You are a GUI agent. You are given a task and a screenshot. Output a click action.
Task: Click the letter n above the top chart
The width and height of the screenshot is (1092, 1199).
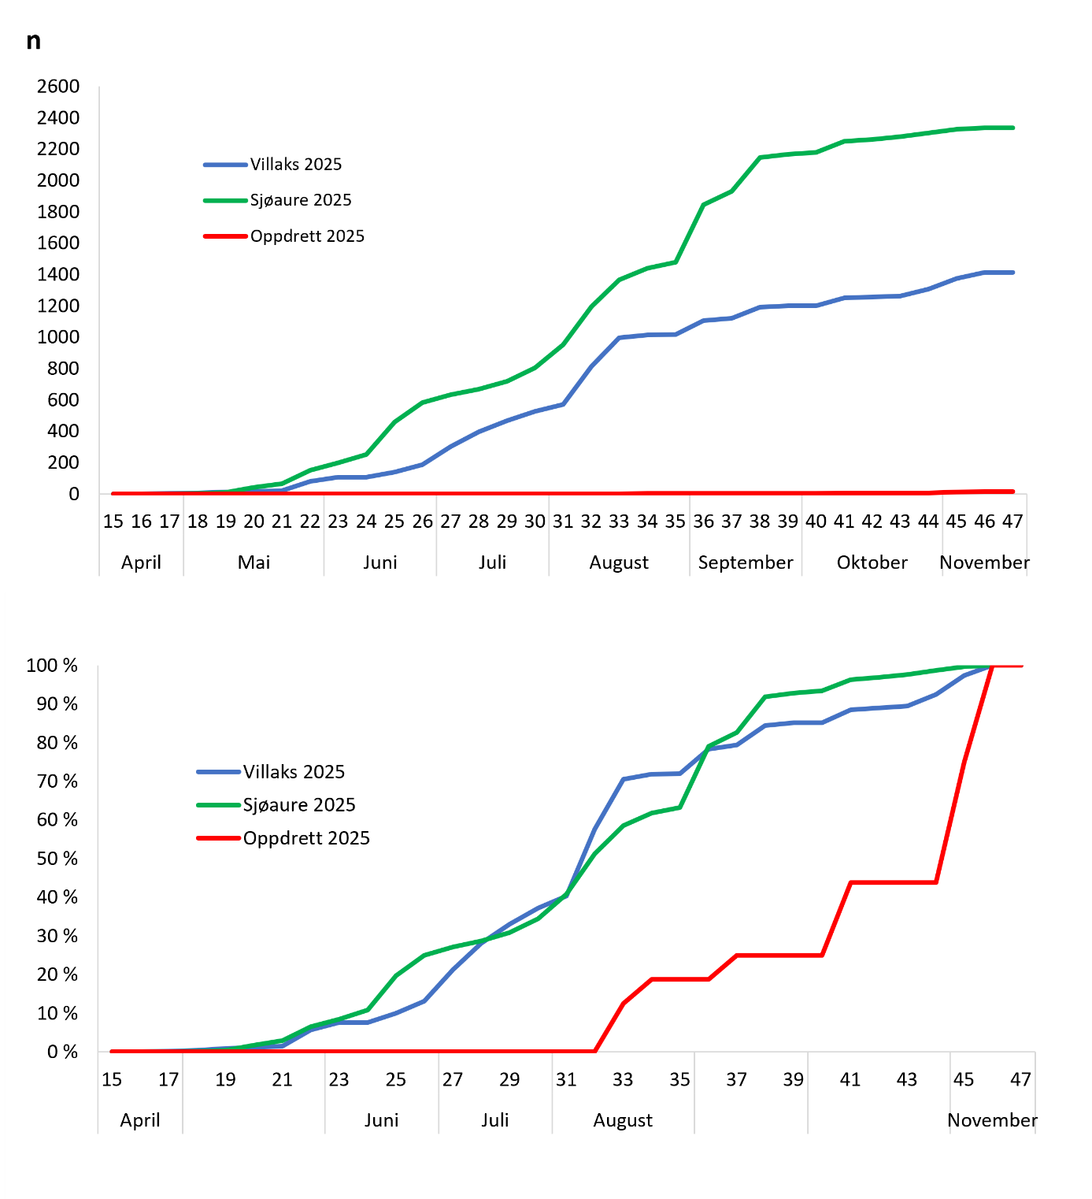coord(33,41)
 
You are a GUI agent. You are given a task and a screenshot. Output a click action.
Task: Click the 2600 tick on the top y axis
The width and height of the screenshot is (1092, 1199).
coord(58,86)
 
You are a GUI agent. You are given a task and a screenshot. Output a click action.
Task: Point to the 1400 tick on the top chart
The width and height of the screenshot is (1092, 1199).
coord(58,274)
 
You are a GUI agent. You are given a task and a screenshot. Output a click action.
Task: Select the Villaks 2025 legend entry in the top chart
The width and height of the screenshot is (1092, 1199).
coord(295,164)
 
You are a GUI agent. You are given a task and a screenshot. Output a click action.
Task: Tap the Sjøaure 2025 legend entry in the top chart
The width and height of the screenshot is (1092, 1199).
coord(300,200)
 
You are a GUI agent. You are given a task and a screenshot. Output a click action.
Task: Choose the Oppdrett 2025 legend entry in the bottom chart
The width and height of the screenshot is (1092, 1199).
coord(305,838)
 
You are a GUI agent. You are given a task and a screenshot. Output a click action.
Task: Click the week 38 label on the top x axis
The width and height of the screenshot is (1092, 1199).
coord(760,522)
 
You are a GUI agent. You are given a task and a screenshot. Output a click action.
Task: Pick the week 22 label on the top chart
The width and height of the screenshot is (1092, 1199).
coord(310,522)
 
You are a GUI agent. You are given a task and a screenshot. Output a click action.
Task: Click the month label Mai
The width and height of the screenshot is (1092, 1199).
coord(254,562)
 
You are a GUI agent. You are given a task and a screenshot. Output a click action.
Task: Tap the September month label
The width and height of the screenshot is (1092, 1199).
coord(746,562)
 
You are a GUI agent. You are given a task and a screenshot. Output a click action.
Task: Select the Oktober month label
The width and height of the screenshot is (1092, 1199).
coord(872,562)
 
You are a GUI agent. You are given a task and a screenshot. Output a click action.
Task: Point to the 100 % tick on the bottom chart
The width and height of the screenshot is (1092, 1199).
coord(52,666)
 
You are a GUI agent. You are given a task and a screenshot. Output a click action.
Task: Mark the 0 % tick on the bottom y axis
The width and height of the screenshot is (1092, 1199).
coord(62,1052)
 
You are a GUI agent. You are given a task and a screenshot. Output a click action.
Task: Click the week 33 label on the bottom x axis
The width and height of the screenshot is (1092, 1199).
coord(623,1079)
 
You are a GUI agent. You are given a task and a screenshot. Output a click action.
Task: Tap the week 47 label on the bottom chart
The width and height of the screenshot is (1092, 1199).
coord(1020,1079)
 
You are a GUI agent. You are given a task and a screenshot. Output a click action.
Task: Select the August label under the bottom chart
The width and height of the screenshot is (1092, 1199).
coord(623,1120)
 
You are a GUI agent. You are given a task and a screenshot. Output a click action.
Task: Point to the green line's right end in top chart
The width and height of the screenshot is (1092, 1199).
coord(1012,128)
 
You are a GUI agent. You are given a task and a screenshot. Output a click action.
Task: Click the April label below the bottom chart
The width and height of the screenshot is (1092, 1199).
coord(140,1120)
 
